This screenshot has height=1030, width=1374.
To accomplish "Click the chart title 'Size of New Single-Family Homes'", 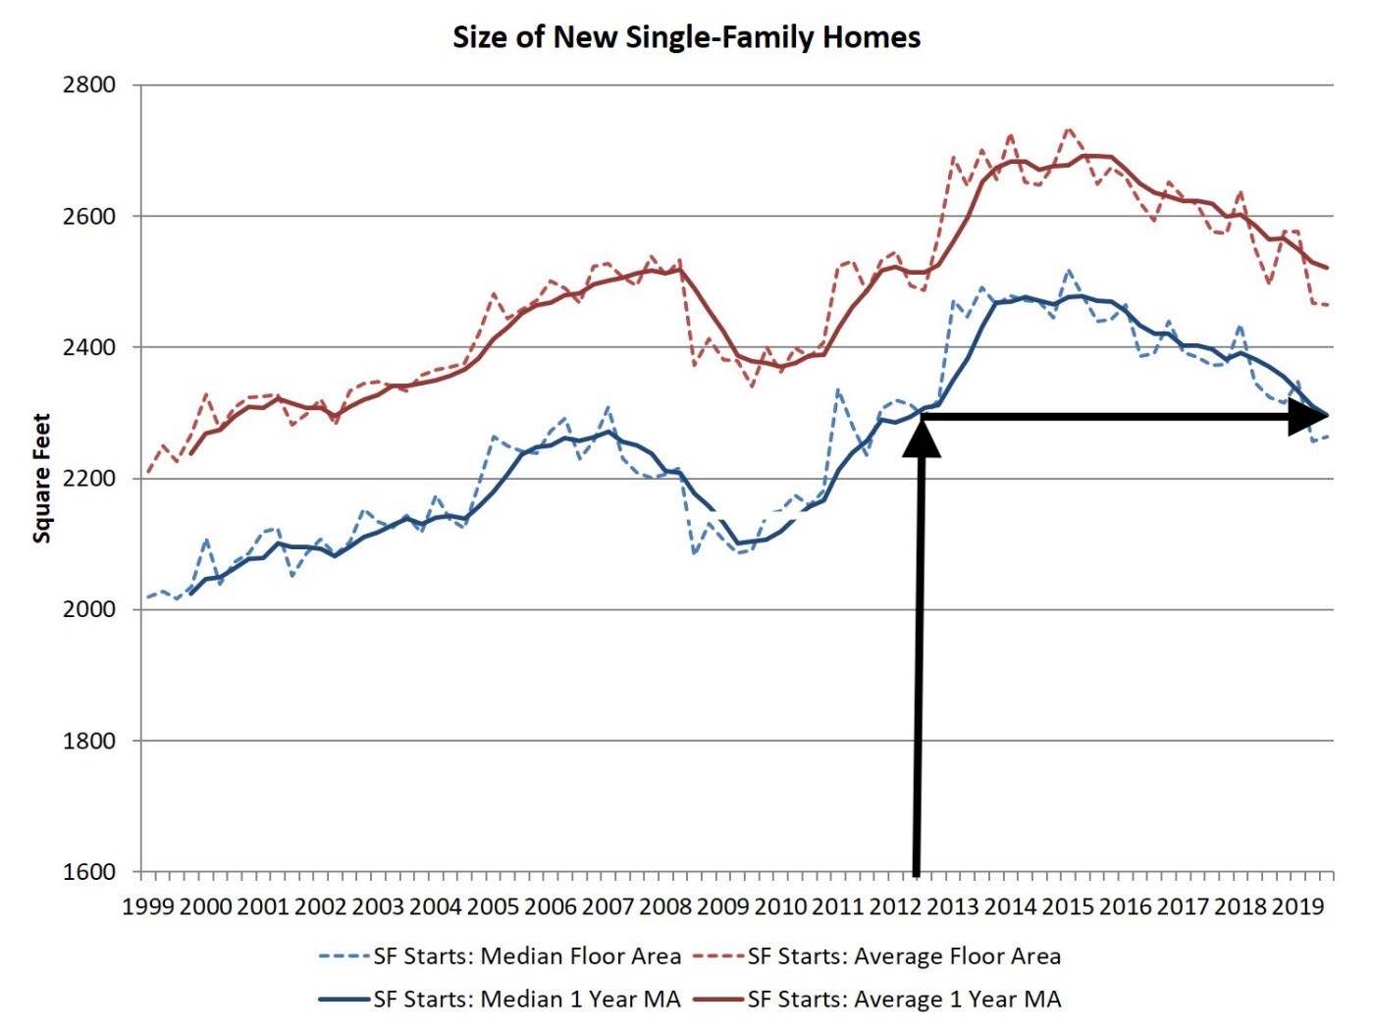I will (686, 37).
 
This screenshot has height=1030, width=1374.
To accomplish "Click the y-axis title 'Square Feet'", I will (41, 478).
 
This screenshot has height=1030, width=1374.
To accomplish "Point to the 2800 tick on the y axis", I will (89, 85).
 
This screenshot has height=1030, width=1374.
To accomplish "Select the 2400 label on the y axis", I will (89, 347).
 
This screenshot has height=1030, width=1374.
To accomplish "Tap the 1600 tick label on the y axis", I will (89, 872).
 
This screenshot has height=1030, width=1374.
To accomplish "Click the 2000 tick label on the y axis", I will (89, 609).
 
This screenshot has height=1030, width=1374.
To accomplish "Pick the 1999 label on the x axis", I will (148, 906).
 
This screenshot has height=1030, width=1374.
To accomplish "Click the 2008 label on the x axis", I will (665, 906).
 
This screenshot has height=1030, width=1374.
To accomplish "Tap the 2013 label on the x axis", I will (952, 906).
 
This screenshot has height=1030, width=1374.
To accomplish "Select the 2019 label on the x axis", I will (1297, 906).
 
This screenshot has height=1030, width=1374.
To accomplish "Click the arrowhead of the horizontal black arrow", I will (1310, 417).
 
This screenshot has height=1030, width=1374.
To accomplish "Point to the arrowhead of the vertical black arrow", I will (922, 438).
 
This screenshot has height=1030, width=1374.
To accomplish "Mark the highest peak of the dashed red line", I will (1069, 129).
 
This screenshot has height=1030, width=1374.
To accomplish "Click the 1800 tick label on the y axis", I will (89, 741).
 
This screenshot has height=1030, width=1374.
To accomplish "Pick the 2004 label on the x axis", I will (436, 906).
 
